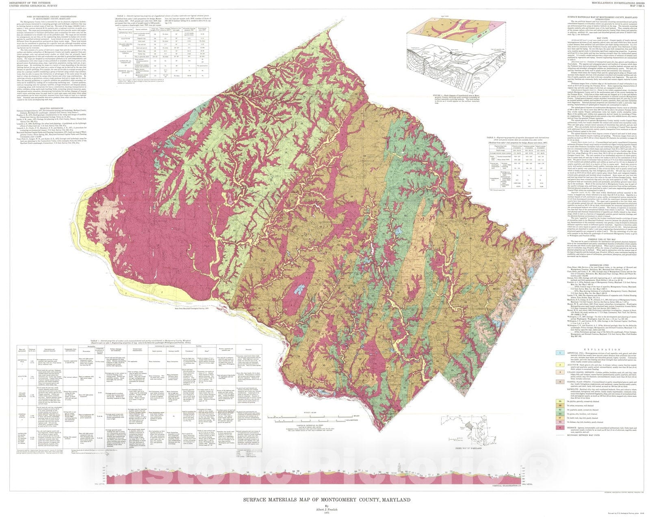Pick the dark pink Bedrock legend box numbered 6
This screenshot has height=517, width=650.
click(560, 428)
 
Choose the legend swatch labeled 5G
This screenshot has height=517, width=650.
click(560, 422)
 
